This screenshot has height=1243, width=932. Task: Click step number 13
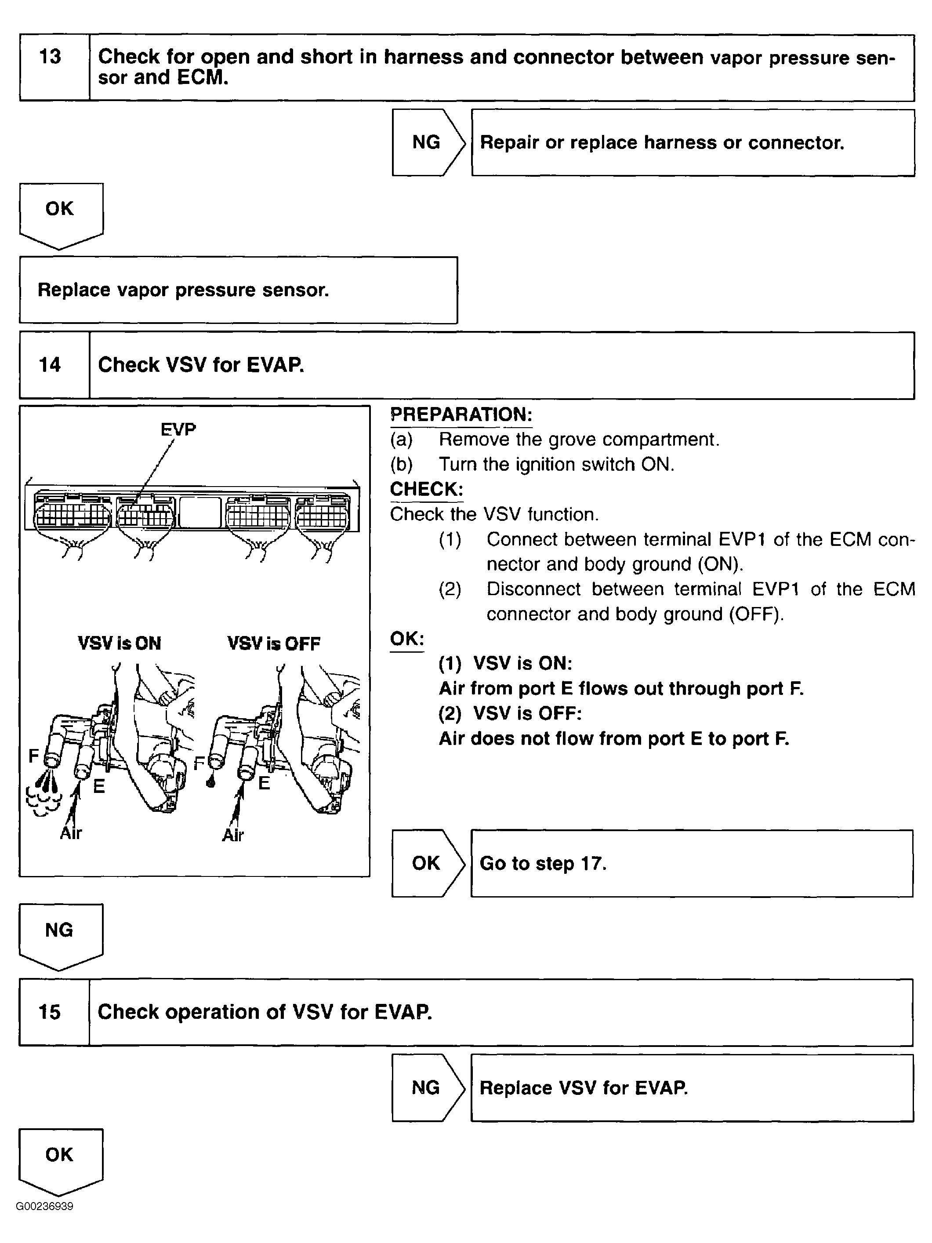coord(50,57)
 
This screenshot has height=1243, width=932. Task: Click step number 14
coord(50,365)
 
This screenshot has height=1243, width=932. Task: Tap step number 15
coord(50,1012)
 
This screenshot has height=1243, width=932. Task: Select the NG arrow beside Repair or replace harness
coord(428,142)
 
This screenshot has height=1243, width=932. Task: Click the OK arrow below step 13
coord(60,214)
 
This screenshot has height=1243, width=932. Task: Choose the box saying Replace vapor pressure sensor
coord(238,290)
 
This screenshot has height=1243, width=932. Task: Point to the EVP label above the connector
coord(178,430)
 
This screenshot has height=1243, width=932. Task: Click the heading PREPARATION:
coord(461,415)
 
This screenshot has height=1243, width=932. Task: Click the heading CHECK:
coord(426,489)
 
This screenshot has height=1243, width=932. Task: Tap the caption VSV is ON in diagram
coord(119,643)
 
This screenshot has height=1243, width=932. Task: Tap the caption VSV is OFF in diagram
coord(274,643)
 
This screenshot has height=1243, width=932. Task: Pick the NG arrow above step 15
coord(60,934)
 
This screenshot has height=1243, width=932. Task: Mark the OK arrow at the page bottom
coord(60,1159)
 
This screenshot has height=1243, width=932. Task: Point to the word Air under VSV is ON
coord(71,833)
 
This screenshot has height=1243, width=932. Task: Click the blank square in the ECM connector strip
coord(199,512)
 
